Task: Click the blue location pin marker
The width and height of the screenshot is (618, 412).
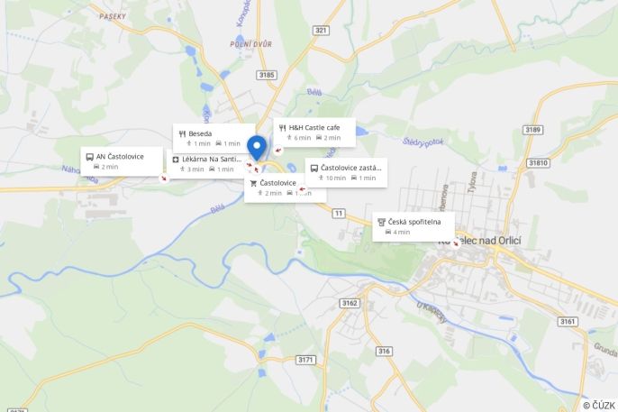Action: point(257,147)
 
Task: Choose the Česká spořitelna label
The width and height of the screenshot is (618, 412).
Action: point(414,226)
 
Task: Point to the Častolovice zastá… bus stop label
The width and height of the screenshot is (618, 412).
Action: point(346,172)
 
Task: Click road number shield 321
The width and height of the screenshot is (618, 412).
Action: point(321,30)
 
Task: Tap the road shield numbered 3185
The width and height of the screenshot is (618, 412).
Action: point(266,75)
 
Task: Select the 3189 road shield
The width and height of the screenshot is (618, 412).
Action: point(532,130)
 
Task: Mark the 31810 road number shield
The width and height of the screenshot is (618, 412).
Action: point(538,162)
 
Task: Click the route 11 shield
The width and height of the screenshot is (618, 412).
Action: point(338,213)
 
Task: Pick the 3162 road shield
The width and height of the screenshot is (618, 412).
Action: point(350,302)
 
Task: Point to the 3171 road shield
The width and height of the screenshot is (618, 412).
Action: point(305,360)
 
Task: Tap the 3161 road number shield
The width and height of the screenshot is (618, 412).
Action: point(567,321)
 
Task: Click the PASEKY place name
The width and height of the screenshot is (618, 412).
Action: point(113,17)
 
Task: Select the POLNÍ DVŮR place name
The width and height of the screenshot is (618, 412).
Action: point(250,43)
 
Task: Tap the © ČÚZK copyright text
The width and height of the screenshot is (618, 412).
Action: point(598,405)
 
